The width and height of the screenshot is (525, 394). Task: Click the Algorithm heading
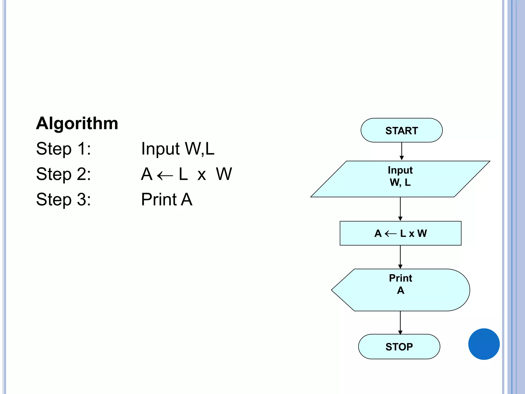[77, 124]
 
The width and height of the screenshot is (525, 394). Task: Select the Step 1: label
[63, 149]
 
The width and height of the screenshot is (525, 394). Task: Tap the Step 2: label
[63, 174]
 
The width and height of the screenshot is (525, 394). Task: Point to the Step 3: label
[63, 200]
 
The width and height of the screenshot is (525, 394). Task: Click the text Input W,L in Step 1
[178, 149]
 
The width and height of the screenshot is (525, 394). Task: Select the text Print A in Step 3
[167, 200]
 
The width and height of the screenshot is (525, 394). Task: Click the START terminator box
[401, 131]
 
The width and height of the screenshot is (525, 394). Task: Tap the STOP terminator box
[399, 347]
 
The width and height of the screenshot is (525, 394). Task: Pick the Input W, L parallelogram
[400, 179]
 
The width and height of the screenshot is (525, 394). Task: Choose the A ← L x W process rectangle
[400, 233]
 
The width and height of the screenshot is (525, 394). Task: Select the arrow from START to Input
[402, 151]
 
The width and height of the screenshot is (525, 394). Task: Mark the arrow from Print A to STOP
[400, 322]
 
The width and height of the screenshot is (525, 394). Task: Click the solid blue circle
[484, 344]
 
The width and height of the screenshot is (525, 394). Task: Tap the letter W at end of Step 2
[224, 174]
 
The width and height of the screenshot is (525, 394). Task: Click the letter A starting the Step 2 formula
[147, 174]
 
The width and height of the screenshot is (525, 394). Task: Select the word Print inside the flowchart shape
[400, 278]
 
